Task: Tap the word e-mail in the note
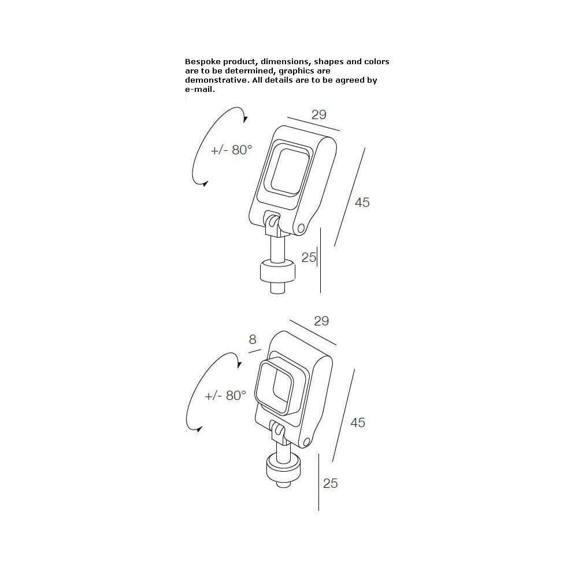click(200, 90)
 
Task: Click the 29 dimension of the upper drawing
click(319, 114)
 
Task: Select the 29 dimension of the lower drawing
click(321, 321)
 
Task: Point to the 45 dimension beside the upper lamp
click(362, 202)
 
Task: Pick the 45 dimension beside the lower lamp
click(358, 423)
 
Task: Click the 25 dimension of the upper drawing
click(309, 257)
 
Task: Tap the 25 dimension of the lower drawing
click(330, 483)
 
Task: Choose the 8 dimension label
click(253, 339)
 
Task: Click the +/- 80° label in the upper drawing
click(232, 150)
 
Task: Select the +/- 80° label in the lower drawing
click(225, 395)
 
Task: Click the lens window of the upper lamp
click(290, 171)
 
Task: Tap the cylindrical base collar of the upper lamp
click(277, 272)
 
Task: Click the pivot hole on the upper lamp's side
click(301, 228)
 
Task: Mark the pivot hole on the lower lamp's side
click(307, 442)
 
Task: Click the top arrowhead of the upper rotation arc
click(246, 118)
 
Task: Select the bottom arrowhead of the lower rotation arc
click(199, 429)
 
